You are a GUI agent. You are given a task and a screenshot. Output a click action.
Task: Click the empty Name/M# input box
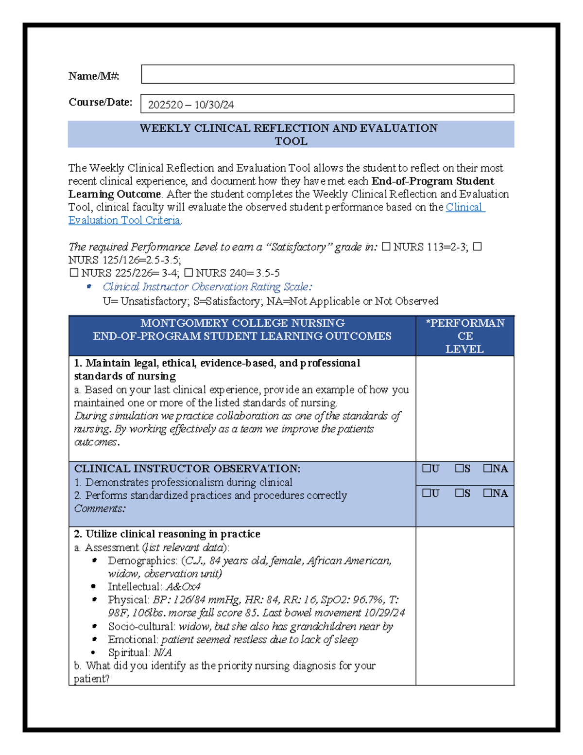click(327, 74)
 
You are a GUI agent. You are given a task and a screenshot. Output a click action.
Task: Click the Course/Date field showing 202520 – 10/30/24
click(327, 104)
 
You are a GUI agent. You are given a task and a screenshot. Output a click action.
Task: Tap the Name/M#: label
click(94, 76)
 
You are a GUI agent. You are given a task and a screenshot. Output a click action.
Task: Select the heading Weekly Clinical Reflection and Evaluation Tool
click(291, 135)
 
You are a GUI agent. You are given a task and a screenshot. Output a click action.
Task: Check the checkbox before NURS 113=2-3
click(386, 247)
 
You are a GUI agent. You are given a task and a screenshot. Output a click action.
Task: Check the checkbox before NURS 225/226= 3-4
click(74, 273)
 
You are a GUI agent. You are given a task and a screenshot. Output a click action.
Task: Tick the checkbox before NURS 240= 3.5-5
click(189, 273)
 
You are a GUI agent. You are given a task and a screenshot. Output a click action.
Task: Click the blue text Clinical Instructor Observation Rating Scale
click(207, 287)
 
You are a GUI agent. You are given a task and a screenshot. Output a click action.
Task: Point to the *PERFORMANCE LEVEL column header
click(465, 336)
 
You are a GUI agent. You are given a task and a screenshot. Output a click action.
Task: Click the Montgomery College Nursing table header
click(242, 330)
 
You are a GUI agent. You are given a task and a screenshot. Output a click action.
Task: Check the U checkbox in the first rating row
click(427, 469)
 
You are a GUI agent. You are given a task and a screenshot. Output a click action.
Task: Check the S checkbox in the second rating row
click(460, 493)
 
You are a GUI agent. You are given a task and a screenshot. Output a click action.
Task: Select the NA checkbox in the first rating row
click(487, 469)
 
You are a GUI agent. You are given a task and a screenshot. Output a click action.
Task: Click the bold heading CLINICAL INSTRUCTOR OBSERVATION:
click(187, 469)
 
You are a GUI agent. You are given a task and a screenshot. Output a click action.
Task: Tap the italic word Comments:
click(100, 509)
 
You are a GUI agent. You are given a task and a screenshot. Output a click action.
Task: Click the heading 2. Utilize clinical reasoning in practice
click(167, 534)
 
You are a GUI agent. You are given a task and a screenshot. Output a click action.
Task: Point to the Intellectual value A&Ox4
click(183, 587)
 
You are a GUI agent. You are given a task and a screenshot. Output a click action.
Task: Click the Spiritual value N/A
click(162, 652)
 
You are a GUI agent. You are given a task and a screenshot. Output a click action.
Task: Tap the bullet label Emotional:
click(133, 640)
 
